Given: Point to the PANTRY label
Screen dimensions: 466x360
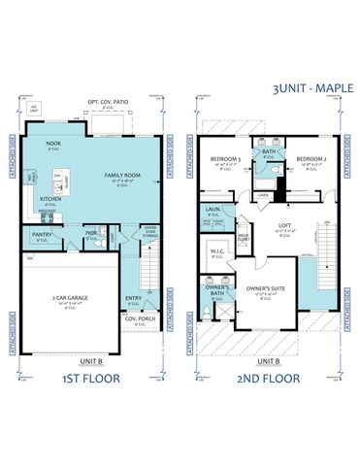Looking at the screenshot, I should pyautogui.click(x=42, y=234).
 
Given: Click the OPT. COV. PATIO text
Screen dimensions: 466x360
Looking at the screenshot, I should pyautogui.click(x=108, y=101).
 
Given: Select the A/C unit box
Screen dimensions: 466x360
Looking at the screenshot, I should pyautogui.click(x=36, y=110).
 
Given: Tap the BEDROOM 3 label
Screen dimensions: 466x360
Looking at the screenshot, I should pyautogui.click(x=225, y=157).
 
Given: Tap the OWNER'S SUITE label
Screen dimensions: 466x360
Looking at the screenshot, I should pyautogui.click(x=264, y=288).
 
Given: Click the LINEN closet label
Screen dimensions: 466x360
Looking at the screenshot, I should pyautogui.click(x=263, y=195).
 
